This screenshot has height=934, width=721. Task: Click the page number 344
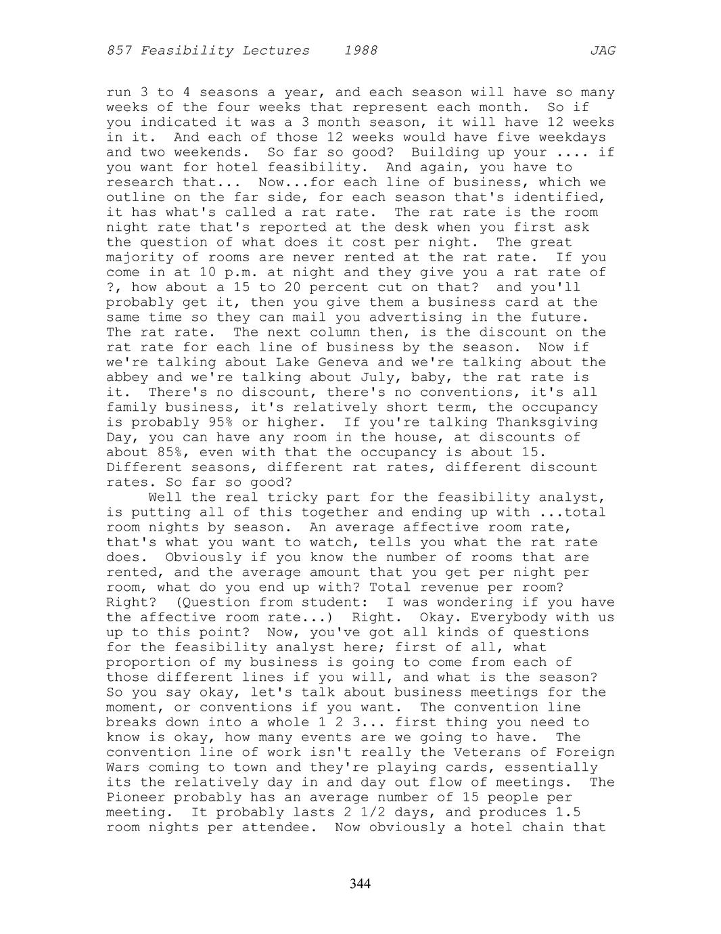click(360, 884)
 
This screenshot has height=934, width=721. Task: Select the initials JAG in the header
click(602, 51)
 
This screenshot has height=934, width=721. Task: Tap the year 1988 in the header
click(360, 51)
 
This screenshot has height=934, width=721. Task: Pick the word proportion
click(144, 663)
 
